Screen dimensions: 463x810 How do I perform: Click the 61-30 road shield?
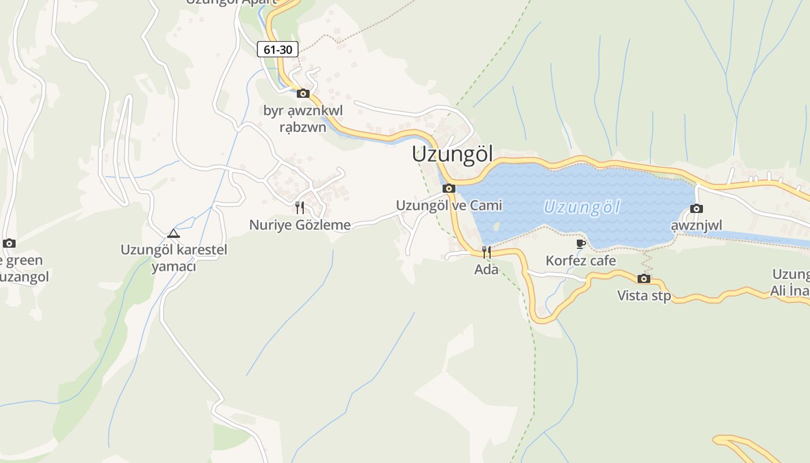tap(278, 49)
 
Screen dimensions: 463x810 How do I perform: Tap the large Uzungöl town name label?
tap(452, 155)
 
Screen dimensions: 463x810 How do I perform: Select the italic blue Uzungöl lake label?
tap(581, 207)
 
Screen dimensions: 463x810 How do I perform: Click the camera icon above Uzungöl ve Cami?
tap(448, 188)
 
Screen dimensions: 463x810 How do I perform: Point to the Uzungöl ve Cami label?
tap(449, 205)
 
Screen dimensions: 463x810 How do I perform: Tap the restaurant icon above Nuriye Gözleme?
tap(300, 208)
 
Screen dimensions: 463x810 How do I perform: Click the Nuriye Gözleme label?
tap(300, 225)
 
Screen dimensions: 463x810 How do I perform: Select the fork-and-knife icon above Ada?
tap(487, 252)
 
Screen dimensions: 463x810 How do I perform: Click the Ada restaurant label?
tap(486, 269)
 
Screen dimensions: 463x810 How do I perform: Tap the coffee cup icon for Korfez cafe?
tap(581, 244)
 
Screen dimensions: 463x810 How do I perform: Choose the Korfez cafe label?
tap(581, 261)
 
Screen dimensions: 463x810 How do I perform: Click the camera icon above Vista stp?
tap(644, 279)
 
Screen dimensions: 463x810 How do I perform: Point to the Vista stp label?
tap(644, 296)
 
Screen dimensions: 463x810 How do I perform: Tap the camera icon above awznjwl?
tap(697, 208)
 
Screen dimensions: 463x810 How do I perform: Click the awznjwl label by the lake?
tap(697, 225)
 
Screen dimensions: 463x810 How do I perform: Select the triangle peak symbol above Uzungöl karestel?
tap(173, 234)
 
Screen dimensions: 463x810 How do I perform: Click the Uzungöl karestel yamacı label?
tap(174, 258)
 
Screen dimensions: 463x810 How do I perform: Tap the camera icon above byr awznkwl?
tap(303, 93)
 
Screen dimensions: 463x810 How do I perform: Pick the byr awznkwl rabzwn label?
tap(303, 119)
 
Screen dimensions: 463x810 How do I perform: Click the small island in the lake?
tap(496, 225)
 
